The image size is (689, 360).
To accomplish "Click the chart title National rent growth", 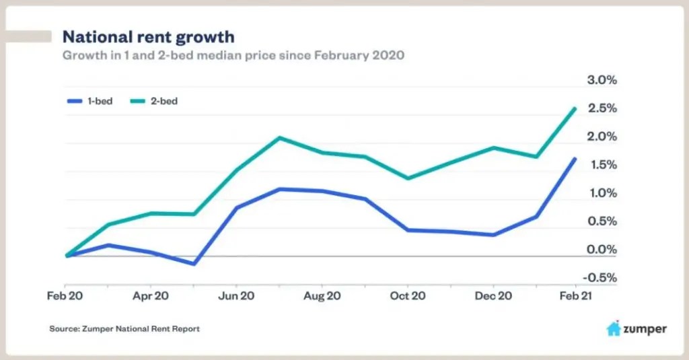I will coord(148,36).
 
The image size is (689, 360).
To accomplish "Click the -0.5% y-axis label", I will coord(600,278).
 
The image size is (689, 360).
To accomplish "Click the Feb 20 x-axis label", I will coord(66,295).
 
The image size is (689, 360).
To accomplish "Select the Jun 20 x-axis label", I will coord(237,295).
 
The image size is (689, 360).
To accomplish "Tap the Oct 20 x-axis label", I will coord(408,295).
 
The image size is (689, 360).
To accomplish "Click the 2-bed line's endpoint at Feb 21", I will coord(575,108).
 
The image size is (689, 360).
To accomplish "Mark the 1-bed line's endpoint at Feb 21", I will coord(575,159).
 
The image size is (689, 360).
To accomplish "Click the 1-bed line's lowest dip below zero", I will coord(194,264).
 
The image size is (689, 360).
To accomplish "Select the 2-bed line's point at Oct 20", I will coord(408,178).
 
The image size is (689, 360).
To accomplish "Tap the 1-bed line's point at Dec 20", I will coord(494,235).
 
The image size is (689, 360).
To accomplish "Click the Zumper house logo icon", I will coord(613,329).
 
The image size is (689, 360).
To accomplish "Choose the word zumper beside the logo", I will coord(645,329).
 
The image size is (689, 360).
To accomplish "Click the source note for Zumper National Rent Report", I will coord(124,329).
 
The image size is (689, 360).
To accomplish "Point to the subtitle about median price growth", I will coord(233,55).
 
